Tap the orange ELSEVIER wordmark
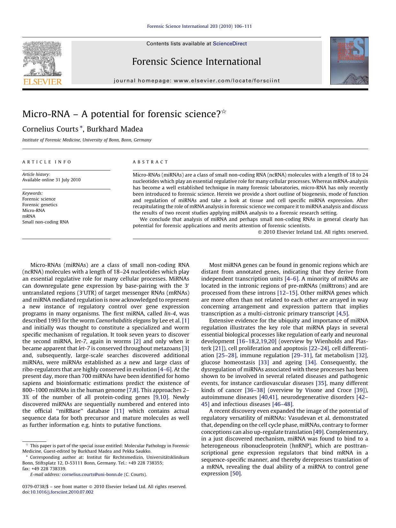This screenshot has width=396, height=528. [x=42, y=82]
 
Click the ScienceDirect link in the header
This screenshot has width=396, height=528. [x=230, y=44]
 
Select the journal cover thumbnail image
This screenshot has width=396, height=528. [x=349, y=61]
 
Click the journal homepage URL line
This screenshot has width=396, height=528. [x=197, y=81]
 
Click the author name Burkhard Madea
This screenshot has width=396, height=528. [x=115, y=129]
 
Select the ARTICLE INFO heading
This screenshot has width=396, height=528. [x=47, y=162]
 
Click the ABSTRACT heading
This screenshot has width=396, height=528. [x=150, y=162]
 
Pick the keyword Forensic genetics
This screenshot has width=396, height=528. [x=40, y=205]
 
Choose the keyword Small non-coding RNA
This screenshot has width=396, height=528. [x=45, y=222]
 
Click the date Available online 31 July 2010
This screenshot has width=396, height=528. [x=51, y=180]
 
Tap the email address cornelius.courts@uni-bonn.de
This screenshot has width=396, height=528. [x=92, y=474]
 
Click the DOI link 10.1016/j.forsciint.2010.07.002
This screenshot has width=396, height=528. [x=62, y=492]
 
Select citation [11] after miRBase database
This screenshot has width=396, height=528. [x=119, y=411]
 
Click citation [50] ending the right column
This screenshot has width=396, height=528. [x=236, y=473]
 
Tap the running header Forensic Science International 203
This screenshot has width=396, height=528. [x=199, y=26]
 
